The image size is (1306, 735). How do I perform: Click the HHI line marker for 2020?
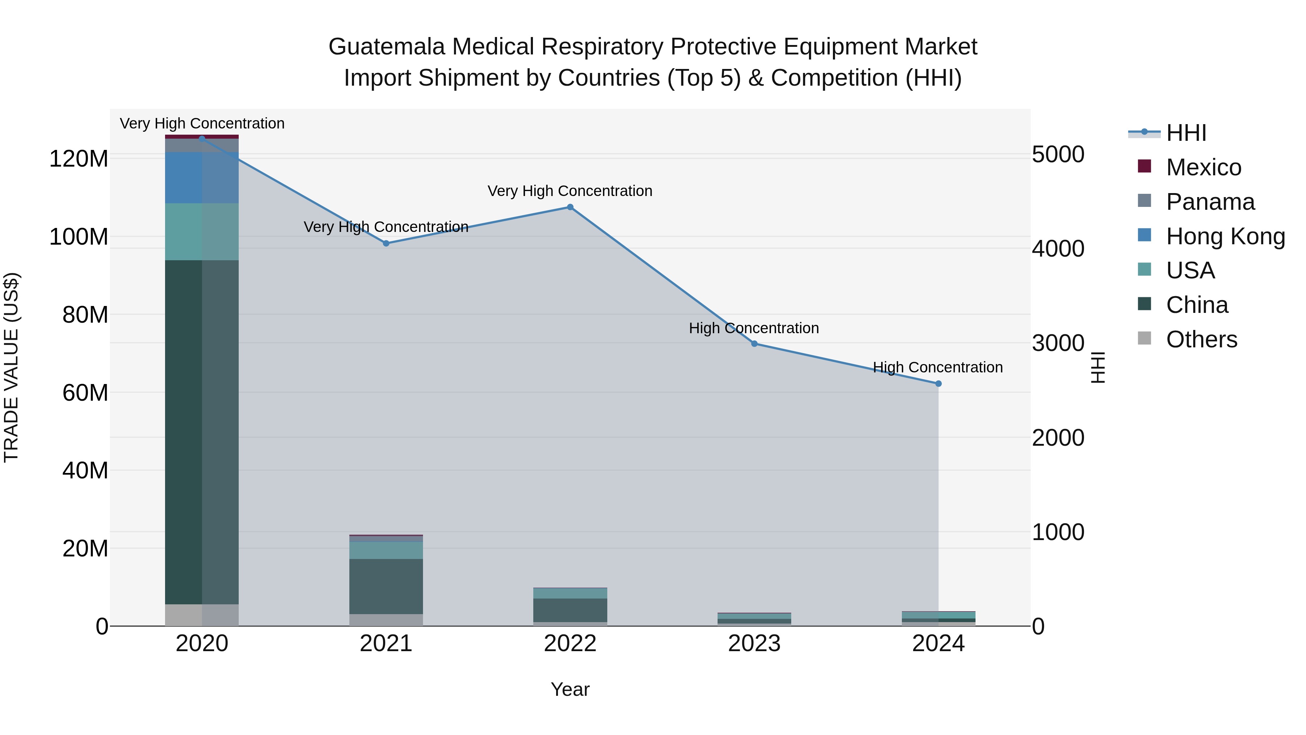(202, 139)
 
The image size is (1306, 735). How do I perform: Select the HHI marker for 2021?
(386, 244)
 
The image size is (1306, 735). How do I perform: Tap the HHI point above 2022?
(570, 207)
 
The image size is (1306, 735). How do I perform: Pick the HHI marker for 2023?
(754, 343)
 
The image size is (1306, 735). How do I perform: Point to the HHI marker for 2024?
(938, 384)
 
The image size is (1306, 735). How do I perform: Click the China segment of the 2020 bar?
(202, 431)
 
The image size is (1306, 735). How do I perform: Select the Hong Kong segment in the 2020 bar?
(202, 177)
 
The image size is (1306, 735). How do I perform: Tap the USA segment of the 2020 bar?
(202, 232)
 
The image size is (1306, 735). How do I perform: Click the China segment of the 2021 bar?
(386, 587)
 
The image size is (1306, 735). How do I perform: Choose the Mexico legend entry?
(1203, 167)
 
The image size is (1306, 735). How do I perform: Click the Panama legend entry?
(1210, 202)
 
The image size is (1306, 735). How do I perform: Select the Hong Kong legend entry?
(1225, 236)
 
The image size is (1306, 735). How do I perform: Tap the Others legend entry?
(1201, 339)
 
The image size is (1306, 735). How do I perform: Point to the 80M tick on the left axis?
(85, 315)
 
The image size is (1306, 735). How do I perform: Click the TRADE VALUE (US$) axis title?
(11, 367)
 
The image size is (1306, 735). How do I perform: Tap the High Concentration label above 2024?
(937, 367)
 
